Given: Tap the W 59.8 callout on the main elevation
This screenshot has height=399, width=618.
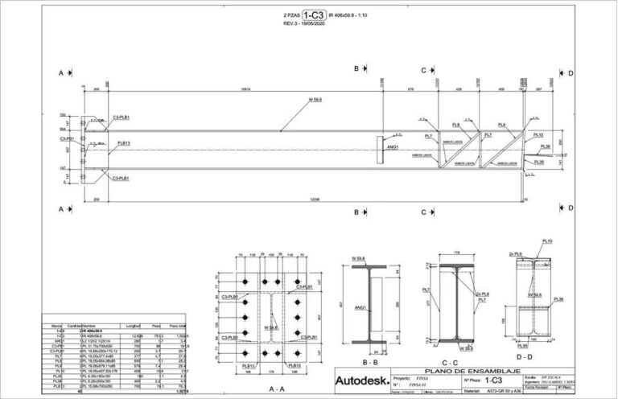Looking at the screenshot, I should coord(315,100).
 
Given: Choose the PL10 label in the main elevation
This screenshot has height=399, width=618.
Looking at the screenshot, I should coord(538,135).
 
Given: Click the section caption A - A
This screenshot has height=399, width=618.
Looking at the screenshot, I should coord(276,388).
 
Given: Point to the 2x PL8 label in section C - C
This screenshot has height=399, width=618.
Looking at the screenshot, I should coord(483,294).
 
